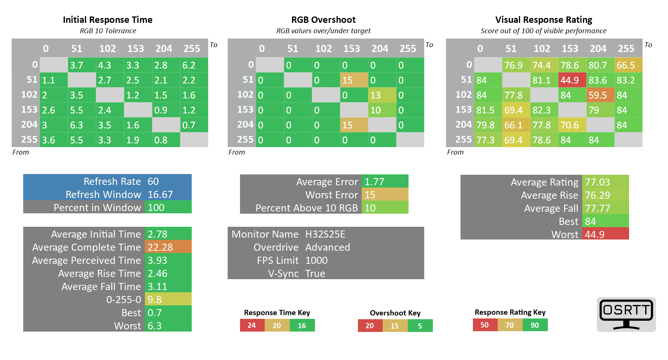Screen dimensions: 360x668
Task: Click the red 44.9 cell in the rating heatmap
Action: (572, 80)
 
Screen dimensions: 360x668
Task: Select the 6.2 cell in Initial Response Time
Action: (194, 65)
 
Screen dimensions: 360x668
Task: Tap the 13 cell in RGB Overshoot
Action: (382, 95)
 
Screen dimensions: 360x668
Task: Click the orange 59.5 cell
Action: (600, 95)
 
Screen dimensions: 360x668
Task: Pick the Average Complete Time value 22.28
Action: (168, 247)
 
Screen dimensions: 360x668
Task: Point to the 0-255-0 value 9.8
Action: (168, 300)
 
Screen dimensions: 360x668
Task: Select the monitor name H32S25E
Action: (325, 234)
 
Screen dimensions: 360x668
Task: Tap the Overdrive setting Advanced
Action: (327, 247)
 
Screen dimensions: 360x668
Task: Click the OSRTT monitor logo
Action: (626, 314)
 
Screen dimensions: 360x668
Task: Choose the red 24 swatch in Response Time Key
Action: (252, 326)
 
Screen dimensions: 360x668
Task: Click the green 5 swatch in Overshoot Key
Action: (420, 326)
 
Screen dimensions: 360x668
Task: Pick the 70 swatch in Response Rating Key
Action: (510, 325)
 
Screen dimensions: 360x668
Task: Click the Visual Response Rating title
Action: (543, 20)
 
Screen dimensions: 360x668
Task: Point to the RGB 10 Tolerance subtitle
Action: (108, 31)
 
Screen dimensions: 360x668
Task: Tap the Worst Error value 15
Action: (385, 195)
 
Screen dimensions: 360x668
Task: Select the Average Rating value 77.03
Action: (605, 182)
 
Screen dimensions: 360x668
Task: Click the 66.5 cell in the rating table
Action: (628, 65)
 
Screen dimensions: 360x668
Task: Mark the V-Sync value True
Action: (315, 274)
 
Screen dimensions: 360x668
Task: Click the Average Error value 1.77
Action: (385, 182)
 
